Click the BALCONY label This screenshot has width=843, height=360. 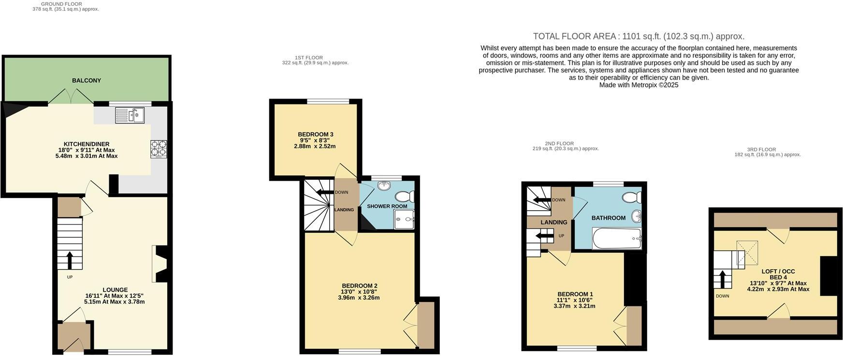click(87, 81)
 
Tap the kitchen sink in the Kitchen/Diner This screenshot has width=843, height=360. click(130, 115)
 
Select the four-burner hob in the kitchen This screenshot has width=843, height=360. click(159, 148)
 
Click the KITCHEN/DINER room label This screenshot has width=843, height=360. click(87, 144)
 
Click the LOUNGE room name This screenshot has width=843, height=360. click(115, 290)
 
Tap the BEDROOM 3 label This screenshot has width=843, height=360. click(315, 134)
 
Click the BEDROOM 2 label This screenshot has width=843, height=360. click(359, 286)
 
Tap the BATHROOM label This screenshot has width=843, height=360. click(608, 218)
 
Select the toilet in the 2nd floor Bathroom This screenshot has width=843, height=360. click(632, 197)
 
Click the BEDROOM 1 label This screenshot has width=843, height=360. click(575, 294)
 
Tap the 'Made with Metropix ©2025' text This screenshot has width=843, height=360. click(638, 85)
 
